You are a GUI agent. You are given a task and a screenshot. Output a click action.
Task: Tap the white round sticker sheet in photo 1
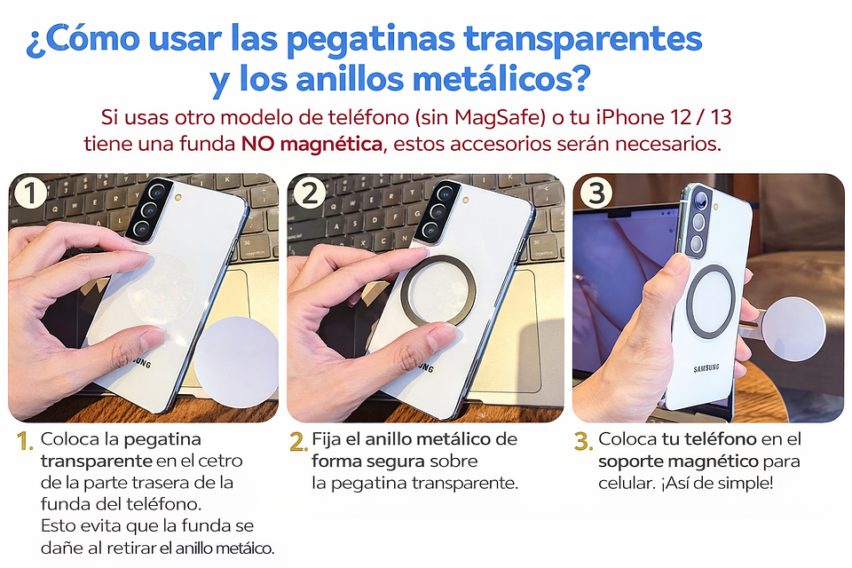click(x=236, y=360)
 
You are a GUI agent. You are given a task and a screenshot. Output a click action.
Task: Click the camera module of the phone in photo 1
click(x=146, y=212)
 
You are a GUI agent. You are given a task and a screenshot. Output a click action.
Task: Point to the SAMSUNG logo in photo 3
click(x=706, y=368)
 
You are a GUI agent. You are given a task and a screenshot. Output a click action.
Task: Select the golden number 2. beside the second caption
click(x=299, y=441)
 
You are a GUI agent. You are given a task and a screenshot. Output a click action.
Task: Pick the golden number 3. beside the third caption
click(x=583, y=441)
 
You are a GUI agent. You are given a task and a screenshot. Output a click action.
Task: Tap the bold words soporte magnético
click(x=678, y=461)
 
